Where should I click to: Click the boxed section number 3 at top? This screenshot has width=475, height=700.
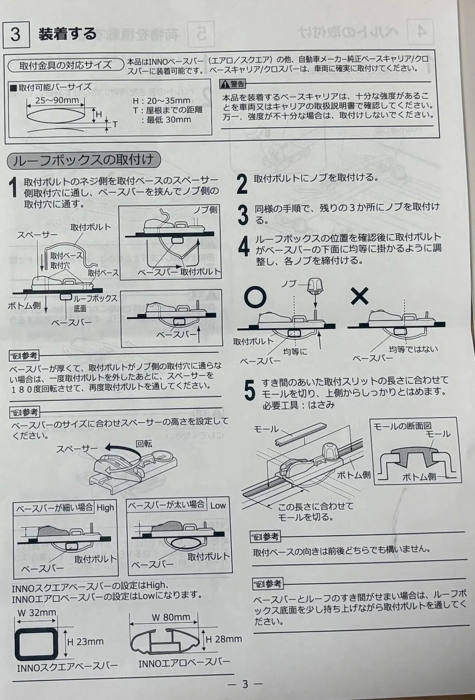(15, 34)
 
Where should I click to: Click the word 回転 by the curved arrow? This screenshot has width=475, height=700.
(144, 443)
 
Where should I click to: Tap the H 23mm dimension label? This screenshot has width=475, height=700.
(85, 642)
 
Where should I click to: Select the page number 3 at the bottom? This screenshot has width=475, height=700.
(245, 684)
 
